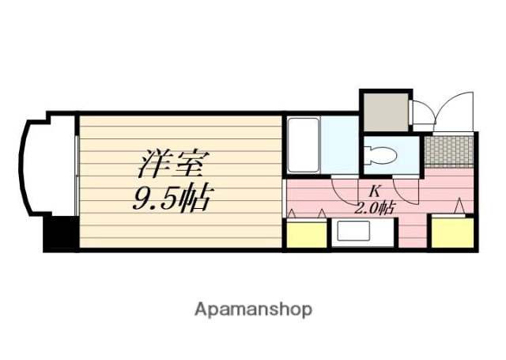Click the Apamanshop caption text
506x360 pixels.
[x=253, y=309]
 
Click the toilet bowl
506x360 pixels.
[x=383, y=154]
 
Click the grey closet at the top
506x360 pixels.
[x=384, y=111]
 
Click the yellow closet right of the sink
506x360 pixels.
[x=452, y=234]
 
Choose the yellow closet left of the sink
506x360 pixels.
[x=305, y=234]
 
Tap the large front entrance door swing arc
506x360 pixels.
[x=455, y=110]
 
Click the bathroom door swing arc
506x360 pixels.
[x=345, y=188]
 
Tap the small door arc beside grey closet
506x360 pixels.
[x=422, y=113]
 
